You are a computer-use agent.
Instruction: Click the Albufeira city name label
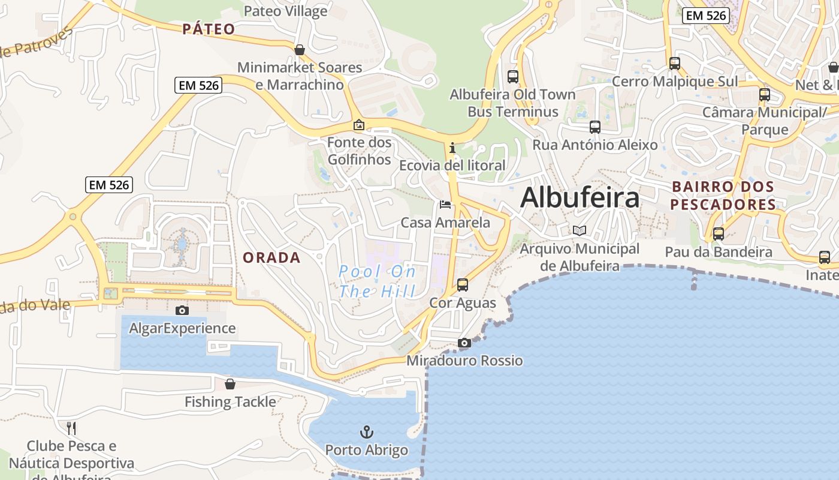click(x=580, y=197)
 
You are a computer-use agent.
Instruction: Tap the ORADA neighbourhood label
click(x=271, y=257)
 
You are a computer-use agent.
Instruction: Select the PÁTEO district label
click(x=209, y=29)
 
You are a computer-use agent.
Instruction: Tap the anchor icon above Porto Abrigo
click(x=366, y=432)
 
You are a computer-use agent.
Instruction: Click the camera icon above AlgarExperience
click(x=182, y=310)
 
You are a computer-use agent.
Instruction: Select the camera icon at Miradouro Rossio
click(x=464, y=343)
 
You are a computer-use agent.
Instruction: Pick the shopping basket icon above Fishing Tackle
click(x=230, y=384)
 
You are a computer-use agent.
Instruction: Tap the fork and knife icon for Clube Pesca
click(x=71, y=428)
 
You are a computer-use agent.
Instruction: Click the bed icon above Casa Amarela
click(x=445, y=205)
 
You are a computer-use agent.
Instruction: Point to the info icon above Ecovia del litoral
click(x=452, y=148)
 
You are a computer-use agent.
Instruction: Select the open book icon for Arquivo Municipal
click(x=579, y=230)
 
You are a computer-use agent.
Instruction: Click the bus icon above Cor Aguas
click(x=463, y=285)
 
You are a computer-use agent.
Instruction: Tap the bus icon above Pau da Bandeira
click(x=718, y=234)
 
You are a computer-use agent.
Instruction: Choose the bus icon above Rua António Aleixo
click(x=594, y=127)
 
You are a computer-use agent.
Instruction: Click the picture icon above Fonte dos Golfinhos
click(x=359, y=125)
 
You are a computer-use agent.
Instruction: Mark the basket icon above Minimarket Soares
click(x=300, y=49)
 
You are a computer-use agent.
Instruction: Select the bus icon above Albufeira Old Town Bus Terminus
click(x=512, y=77)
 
